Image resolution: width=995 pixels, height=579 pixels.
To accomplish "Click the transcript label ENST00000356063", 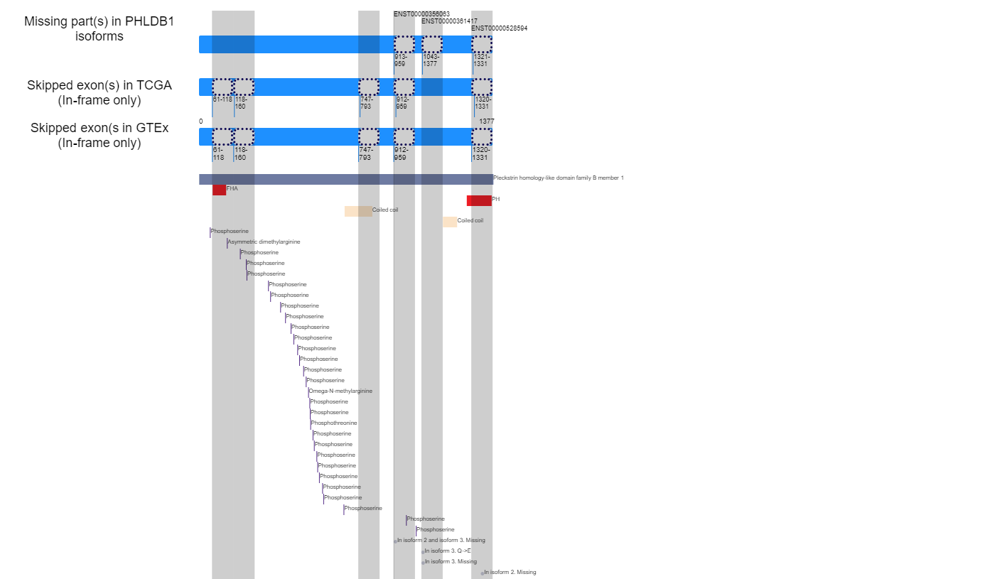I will [x=421, y=13].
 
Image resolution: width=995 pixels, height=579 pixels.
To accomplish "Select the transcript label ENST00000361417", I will [x=449, y=21].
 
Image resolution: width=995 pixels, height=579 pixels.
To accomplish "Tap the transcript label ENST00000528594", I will [x=499, y=28].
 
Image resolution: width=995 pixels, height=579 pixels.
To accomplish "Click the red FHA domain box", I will [x=219, y=190].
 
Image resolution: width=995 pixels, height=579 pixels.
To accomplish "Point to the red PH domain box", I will [x=479, y=200].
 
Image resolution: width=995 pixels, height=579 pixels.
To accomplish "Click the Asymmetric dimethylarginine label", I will [x=264, y=242].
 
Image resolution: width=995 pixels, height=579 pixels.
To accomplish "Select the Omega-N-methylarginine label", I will [x=340, y=391].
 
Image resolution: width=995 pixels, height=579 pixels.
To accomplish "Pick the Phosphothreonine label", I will [x=334, y=423].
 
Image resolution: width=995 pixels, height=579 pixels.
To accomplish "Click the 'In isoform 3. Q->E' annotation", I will [x=448, y=551].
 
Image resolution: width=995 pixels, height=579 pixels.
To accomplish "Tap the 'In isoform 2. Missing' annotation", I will [x=510, y=573].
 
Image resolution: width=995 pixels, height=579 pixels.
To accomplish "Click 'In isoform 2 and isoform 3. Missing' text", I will [x=441, y=541].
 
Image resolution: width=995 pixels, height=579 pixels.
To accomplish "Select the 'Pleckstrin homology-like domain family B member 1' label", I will [x=558, y=178].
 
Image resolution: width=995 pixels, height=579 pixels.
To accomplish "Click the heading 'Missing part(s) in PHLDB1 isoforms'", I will [x=99, y=29].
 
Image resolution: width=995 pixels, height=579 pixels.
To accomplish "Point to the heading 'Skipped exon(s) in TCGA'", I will [x=99, y=93].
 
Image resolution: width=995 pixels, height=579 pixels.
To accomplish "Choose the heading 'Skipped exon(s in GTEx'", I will [x=99, y=135].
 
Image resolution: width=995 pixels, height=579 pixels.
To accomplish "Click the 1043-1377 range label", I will [x=431, y=60].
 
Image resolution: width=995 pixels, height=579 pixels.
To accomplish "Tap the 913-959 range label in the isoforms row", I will [x=400, y=60].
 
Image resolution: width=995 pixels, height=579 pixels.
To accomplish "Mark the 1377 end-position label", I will [x=487, y=121].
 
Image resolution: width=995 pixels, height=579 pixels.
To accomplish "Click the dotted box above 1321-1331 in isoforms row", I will [x=482, y=44].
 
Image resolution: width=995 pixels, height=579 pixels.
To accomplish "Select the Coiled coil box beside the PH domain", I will [x=450, y=222].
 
